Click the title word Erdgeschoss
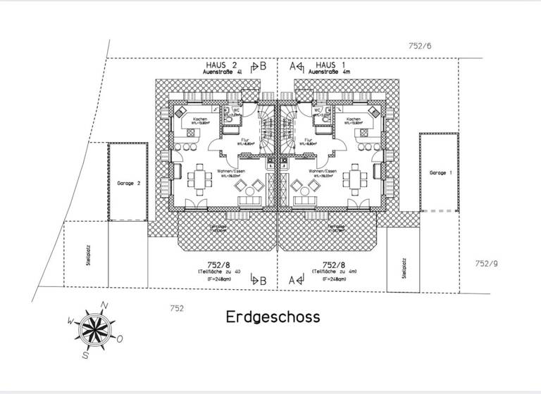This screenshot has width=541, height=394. pyautogui.click(x=273, y=317)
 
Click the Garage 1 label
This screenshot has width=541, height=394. pyautogui.click(x=440, y=172)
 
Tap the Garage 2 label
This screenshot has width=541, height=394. pyautogui.click(x=129, y=183)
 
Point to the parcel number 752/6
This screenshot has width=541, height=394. pyautogui.click(x=419, y=46)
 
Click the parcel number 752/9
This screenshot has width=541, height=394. pyautogui.click(x=486, y=264)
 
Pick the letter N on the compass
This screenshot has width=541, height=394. pyautogui.click(x=105, y=305)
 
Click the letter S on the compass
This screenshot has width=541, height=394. pyautogui.click(x=85, y=355)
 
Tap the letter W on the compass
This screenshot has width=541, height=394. pyautogui.click(x=70, y=320)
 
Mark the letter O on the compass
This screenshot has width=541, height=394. pyautogui.click(x=120, y=339)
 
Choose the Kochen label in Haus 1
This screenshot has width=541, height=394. pyautogui.click(x=354, y=120)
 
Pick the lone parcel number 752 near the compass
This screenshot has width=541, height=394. pyautogui.click(x=177, y=308)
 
